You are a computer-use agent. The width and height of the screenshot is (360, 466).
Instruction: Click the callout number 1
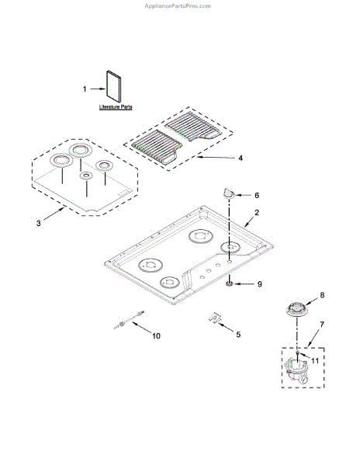point(85,89)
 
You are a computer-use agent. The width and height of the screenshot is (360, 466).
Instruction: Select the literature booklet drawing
point(114,87)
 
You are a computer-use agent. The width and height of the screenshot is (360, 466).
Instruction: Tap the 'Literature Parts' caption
point(116,106)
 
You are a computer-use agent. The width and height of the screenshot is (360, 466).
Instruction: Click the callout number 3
point(38,223)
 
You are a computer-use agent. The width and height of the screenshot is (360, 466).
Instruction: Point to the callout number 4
point(241,158)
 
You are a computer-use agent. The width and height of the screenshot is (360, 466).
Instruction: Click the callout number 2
point(257,213)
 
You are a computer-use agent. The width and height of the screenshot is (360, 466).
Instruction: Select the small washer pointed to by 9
point(229,284)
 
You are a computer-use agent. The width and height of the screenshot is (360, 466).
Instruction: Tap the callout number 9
point(260,284)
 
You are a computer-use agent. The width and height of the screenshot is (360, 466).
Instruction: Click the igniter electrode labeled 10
point(129,319)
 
